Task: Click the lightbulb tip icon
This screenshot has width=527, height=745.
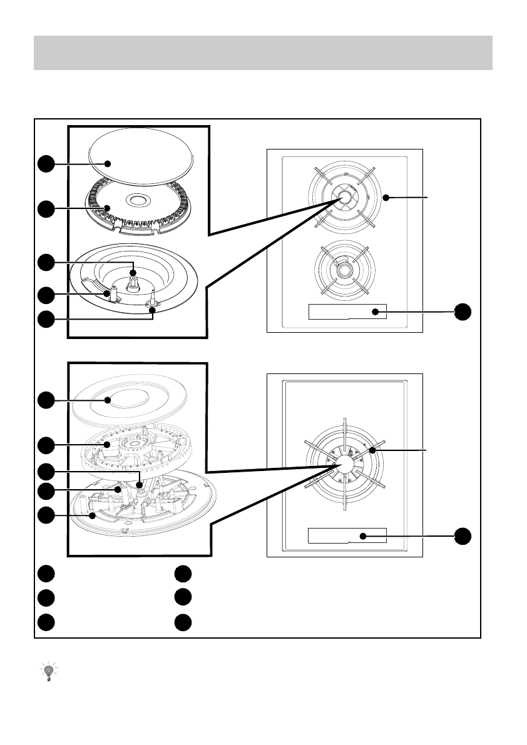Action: pos(48,671)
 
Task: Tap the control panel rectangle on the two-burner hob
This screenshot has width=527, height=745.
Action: pos(347,311)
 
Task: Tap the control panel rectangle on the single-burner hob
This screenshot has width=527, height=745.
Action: pos(347,535)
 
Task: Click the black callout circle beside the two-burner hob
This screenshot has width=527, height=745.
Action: pos(463,312)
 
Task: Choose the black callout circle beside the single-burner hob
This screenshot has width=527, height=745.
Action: pos(463,535)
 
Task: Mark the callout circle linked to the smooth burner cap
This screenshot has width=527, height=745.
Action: pos(44,164)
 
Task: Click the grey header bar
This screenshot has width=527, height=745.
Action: pos(263,53)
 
